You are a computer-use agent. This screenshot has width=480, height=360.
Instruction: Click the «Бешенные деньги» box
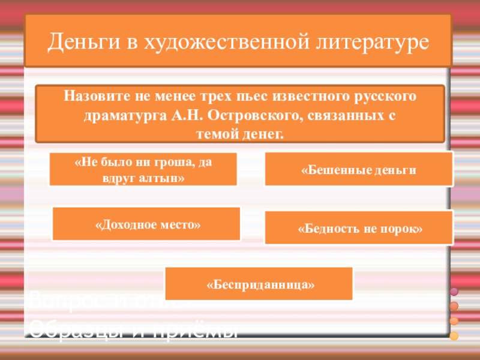(x=359, y=169)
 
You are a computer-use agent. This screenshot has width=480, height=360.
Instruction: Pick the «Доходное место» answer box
(x=147, y=224)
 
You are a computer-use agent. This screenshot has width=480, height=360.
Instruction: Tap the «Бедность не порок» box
(x=359, y=229)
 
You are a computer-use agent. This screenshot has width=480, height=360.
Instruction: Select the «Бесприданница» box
(x=259, y=284)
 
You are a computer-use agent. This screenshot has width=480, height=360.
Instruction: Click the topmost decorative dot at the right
(x=454, y=292)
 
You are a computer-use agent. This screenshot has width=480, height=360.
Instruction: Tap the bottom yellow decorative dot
(x=454, y=335)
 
